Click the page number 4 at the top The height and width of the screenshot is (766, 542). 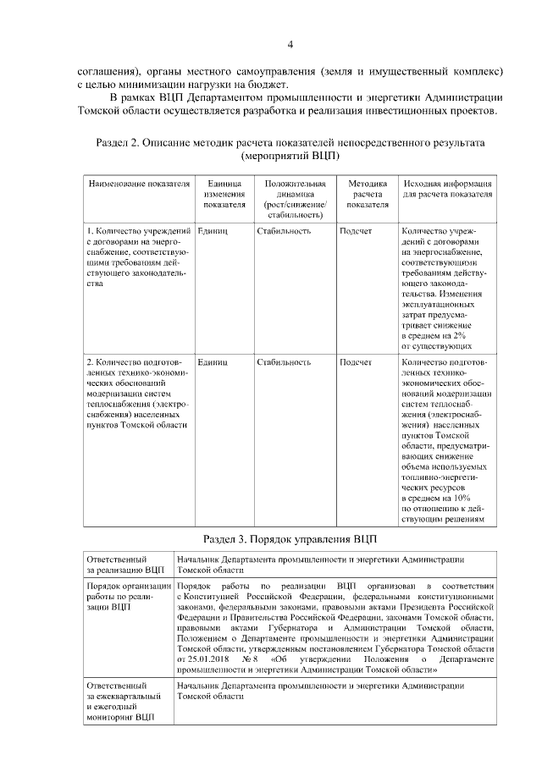(x=290, y=45)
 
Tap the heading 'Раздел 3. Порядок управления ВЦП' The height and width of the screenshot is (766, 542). (x=290, y=539)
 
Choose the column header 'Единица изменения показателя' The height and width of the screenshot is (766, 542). (x=224, y=194)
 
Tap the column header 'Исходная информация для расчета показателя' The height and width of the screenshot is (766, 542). (x=448, y=189)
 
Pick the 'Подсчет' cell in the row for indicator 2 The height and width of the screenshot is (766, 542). (x=356, y=362)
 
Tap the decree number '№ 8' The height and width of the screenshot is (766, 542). (x=249, y=657)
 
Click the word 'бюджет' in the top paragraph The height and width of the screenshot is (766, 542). (x=270, y=84)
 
